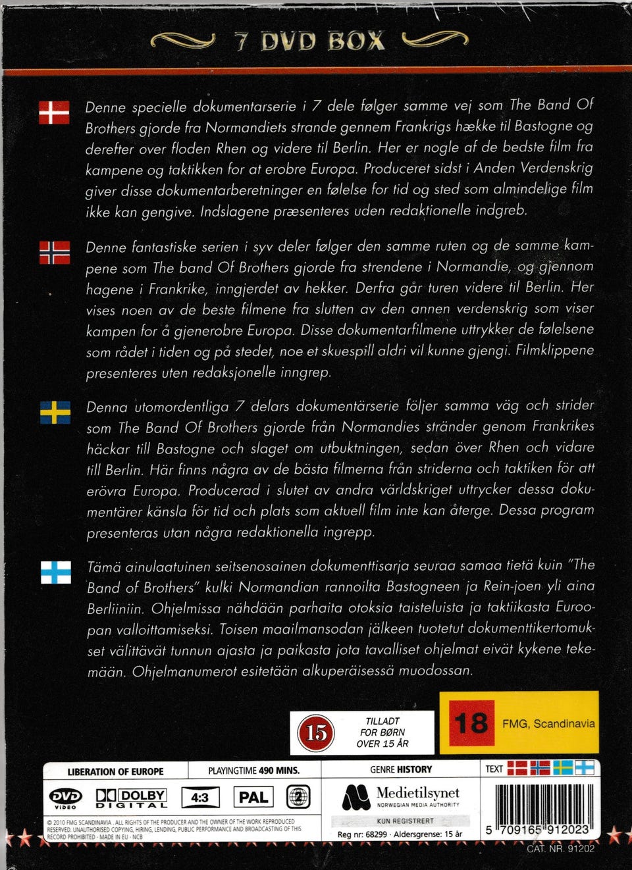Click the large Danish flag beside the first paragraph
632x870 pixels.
click(x=54, y=113)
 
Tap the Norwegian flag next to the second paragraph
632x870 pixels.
click(x=55, y=253)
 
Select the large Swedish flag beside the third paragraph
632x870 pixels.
click(x=55, y=413)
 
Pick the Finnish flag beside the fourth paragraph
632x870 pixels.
click(x=56, y=572)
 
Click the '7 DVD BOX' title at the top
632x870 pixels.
click(x=309, y=41)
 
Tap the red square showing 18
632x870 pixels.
click(x=471, y=723)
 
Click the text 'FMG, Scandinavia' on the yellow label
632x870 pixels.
click(x=548, y=723)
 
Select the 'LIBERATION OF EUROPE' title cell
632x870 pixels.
click(x=115, y=771)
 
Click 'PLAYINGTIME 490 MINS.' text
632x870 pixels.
click(x=253, y=771)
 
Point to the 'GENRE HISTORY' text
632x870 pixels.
click(x=401, y=769)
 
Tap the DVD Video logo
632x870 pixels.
click(x=66, y=798)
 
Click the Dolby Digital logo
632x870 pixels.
click(x=132, y=798)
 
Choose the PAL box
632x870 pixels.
click(x=253, y=798)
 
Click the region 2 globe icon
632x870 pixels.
click(x=298, y=798)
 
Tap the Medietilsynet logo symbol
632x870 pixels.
click(x=355, y=798)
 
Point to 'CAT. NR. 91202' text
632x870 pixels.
click(x=560, y=848)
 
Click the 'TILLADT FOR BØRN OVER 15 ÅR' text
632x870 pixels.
click(x=382, y=732)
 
